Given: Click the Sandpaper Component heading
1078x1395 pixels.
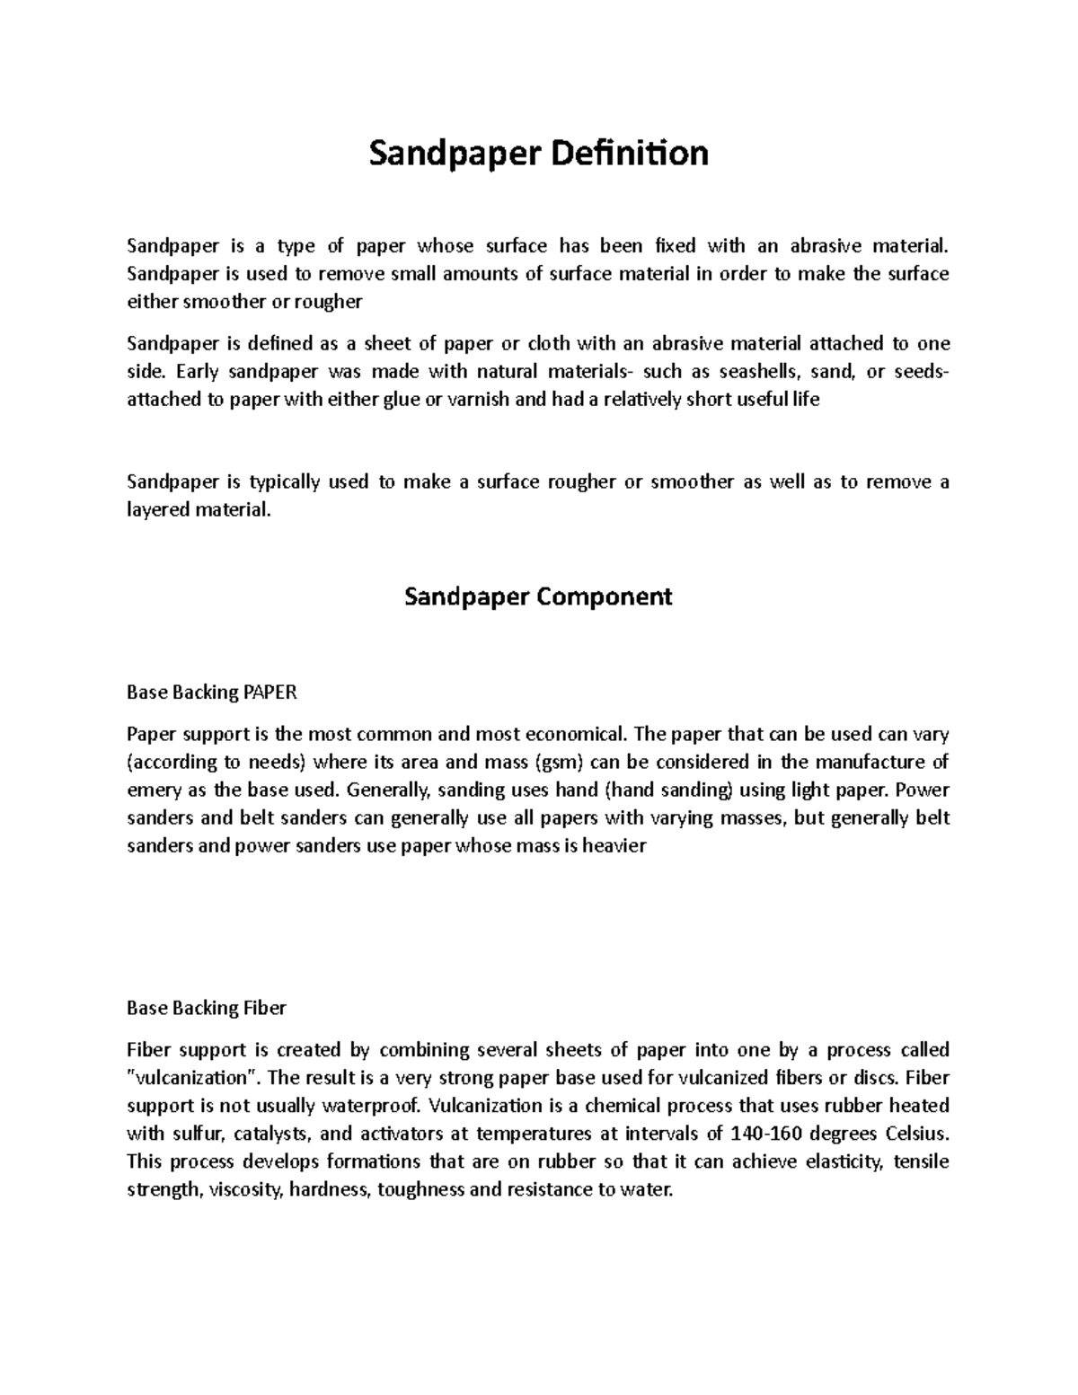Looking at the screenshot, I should pyautogui.click(x=538, y=596).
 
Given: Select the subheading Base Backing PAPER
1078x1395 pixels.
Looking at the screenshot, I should pyautogui.click(x=212, y=693).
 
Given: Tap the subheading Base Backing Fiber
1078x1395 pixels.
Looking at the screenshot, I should pyautogui.click(x=207, y=1008).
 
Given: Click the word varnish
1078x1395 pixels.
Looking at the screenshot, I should pyautogui.click(x=478, y=400).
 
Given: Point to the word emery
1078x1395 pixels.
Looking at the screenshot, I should pyautogui.click(x=150, y=790).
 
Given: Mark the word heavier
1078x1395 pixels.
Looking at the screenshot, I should pyautogui.click(x=614, y=846).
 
